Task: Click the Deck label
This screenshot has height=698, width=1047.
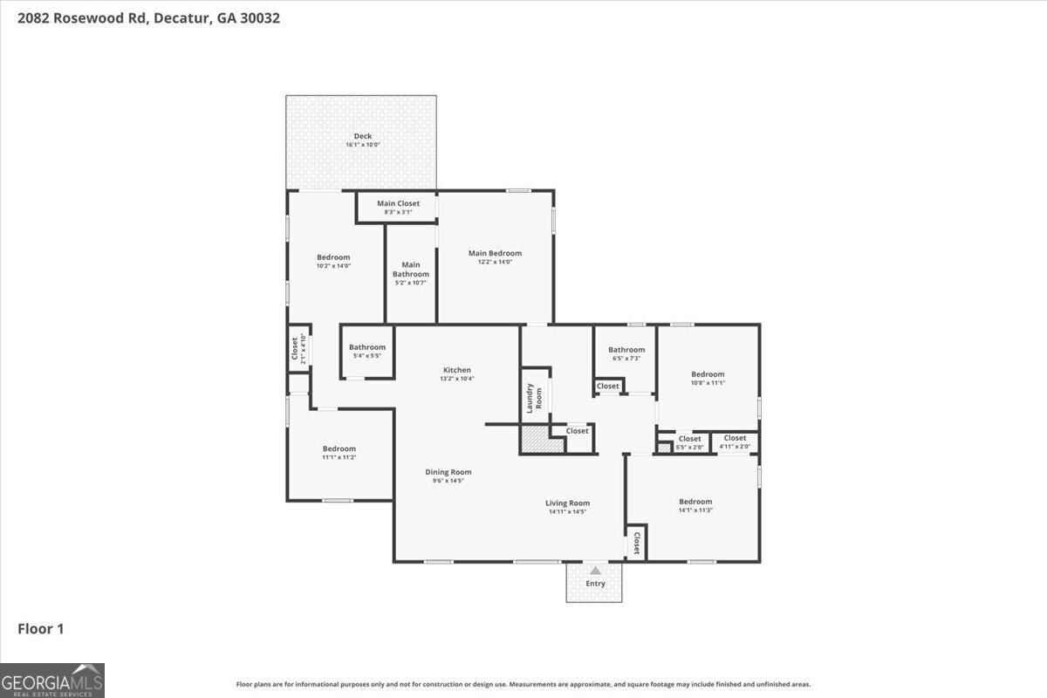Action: coord(362,136)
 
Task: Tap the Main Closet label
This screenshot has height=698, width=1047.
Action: coord(398,203)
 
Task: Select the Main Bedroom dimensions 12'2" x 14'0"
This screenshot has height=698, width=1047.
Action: coord(495,262)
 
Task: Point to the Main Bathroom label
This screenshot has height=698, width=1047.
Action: coord(411,270)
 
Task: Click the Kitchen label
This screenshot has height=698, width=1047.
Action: coord(456,370)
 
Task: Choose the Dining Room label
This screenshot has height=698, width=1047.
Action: coord(448,472)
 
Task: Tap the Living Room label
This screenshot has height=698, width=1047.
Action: coord(568,503)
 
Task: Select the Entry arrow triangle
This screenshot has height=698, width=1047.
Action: coord(595,570)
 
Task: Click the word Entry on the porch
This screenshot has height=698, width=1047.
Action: coord(595,584)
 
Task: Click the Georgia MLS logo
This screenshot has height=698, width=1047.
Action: coord(52,680)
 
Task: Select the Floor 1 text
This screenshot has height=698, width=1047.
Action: coord(41,628)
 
